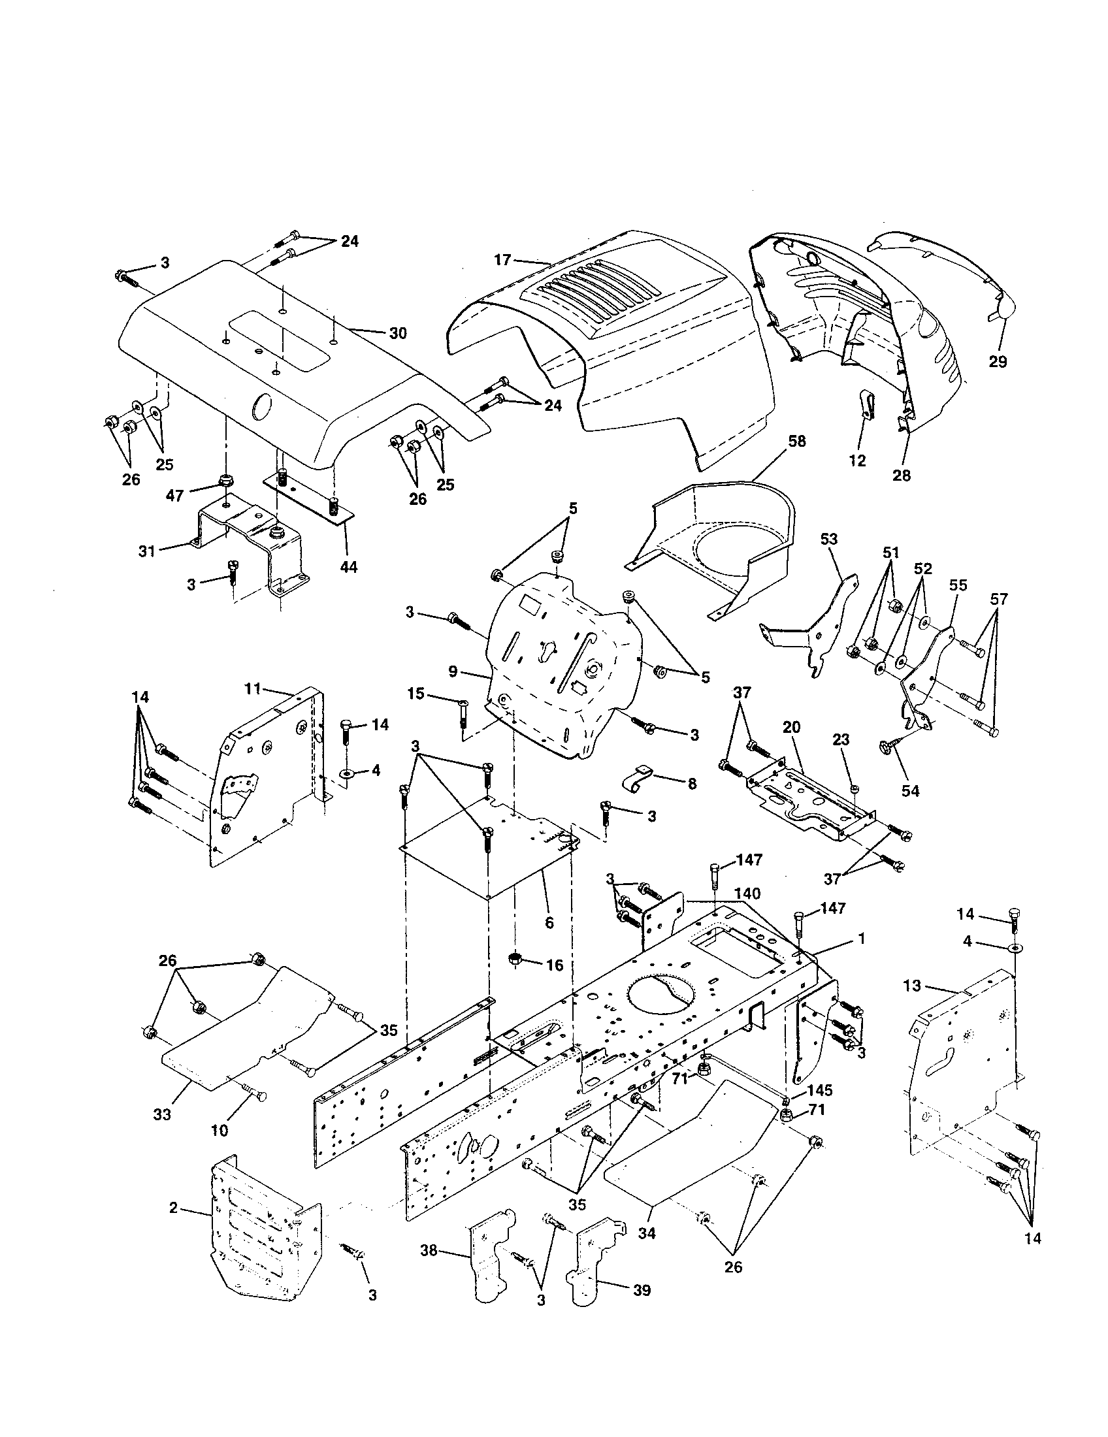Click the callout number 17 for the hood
[502, 260]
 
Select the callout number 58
[796, 441]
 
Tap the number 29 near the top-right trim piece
[998, 361]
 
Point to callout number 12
[857, 460]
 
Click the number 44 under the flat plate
[349, 566]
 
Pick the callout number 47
[174, 495]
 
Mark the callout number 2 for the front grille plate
[173, 1207]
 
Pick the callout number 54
[910, 791]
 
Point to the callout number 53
[829, 539]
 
